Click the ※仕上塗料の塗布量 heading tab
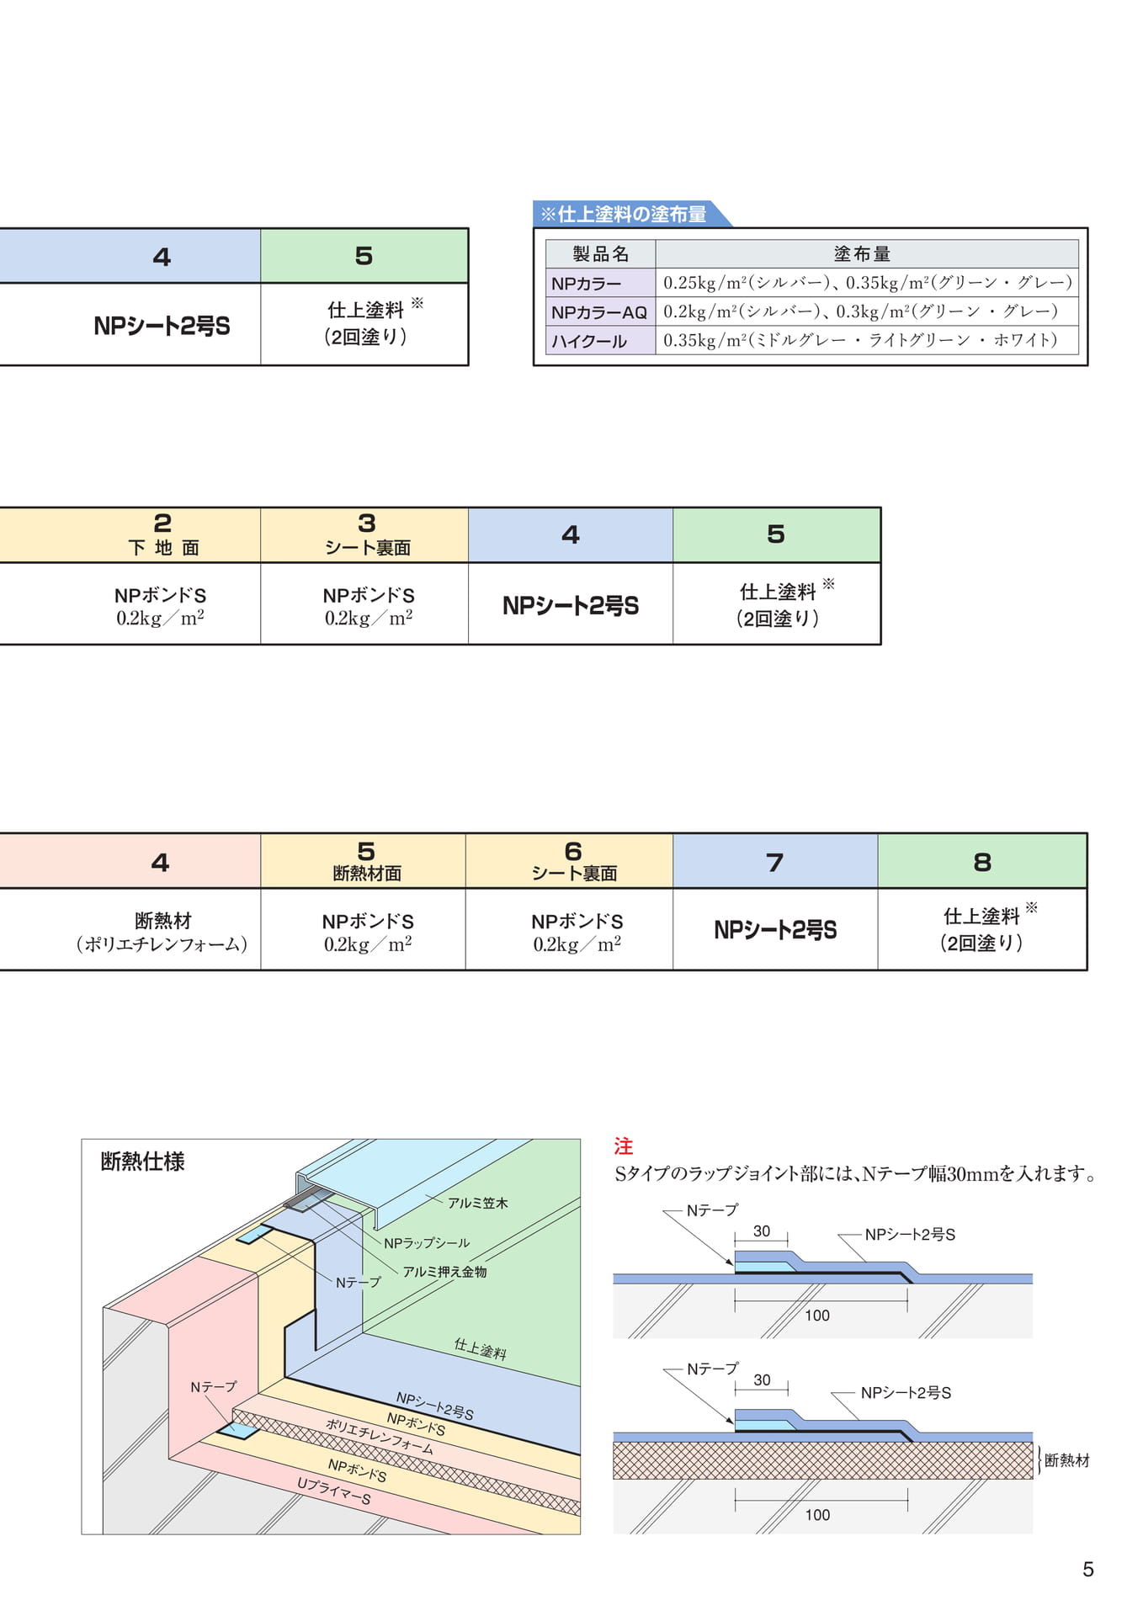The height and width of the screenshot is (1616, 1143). point(627,214)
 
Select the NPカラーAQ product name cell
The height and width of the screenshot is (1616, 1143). point(600,312)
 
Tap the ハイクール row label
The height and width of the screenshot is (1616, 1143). point(600,341)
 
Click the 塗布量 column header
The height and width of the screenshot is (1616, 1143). point(866,253)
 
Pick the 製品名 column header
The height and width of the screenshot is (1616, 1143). point(600,253)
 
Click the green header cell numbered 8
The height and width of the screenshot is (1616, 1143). point(982,861)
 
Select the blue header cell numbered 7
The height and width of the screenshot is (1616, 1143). point(775,861)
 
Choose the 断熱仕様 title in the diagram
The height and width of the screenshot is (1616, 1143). point(142,1161)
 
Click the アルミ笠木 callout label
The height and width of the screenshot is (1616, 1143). point(477,1203)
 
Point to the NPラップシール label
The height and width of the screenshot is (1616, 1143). point(427,1243)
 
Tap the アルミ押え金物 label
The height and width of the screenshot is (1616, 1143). point(444,1272)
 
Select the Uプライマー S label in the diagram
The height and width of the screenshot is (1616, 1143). point(334,1491)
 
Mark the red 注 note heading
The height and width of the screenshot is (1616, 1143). point(624,1146)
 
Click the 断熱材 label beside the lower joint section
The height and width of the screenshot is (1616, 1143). point(1066,1460)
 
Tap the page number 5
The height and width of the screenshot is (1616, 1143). point(1087,1569)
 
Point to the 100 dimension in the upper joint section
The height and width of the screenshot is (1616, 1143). point(817,1316)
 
